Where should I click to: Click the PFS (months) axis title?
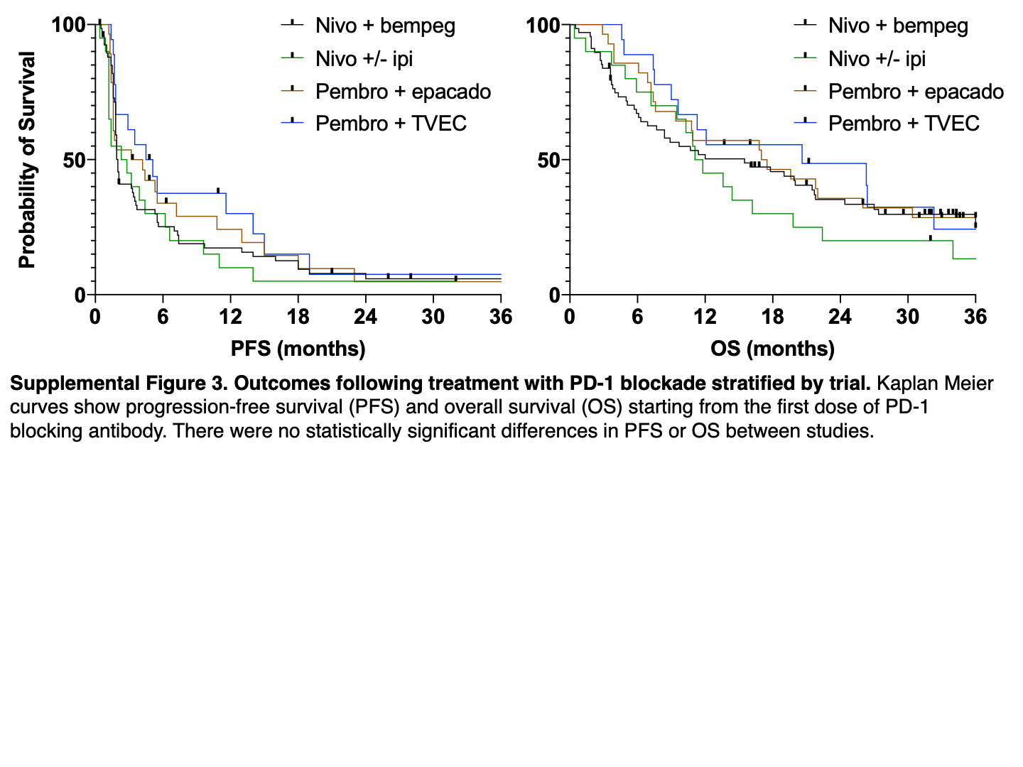[x=298, y=349]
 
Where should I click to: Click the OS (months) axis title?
[x=772, y=349]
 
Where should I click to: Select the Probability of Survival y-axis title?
[x=27, y=160]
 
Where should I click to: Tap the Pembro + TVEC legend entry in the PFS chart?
[x=391, y=124]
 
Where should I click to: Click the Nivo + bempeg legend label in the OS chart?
[x=898, y=26]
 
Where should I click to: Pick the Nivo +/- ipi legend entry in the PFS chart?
[x=364, y=59]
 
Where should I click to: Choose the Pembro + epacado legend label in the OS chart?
[x=916, y=92]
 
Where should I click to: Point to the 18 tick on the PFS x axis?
[x=298, y=317]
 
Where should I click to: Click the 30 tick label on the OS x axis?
[x=907, y=317]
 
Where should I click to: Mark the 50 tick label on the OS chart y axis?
[x=548, y=161]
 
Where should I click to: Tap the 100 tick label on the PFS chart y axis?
[x=68, y=26]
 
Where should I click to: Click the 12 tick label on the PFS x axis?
[x=230, y=317]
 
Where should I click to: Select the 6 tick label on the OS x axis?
[x=637, y=317]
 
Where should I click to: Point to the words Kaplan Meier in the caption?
[x=935, y=383]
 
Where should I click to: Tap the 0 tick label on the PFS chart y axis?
[x=80, y=295]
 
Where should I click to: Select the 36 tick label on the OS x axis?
[x=975, y=317]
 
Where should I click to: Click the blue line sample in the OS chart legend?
[x=805, y=123]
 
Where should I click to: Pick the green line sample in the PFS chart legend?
[x=292, y=58]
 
